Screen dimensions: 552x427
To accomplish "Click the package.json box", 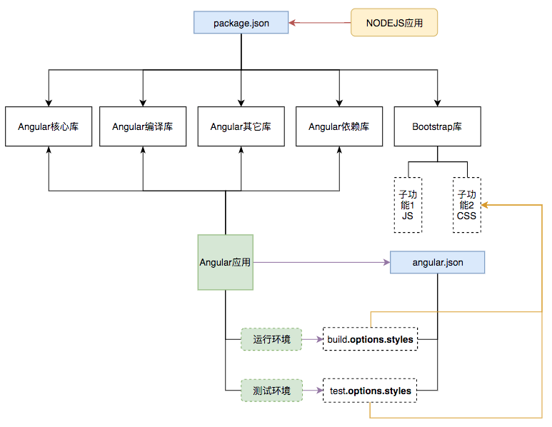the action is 241,23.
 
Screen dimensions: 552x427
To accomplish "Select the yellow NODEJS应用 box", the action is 394,23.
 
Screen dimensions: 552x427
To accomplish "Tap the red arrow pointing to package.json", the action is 320,23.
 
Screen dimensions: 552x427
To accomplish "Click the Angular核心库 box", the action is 49,126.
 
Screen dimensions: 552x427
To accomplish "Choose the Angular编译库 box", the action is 143,126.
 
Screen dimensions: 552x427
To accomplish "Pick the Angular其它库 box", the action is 241,126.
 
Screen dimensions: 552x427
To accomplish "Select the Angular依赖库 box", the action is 339,126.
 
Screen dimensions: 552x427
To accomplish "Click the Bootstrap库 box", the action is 438,126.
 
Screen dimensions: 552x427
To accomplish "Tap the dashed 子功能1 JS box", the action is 408,205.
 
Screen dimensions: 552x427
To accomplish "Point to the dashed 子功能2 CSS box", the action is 467,205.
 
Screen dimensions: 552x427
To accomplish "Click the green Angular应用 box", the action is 226,262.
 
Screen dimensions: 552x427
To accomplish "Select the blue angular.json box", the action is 438,262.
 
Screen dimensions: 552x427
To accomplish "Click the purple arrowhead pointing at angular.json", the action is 387,262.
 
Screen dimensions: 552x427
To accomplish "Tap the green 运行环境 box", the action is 271,339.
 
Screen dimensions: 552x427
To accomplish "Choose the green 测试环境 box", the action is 271,391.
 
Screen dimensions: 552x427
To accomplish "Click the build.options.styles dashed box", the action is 371,339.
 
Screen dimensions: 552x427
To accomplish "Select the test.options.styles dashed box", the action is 370,391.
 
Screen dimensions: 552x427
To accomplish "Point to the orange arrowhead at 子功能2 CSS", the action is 484,205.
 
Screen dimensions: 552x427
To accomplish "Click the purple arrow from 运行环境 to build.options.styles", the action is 313,339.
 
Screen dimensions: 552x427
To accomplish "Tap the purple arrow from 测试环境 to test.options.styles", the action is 313,391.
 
